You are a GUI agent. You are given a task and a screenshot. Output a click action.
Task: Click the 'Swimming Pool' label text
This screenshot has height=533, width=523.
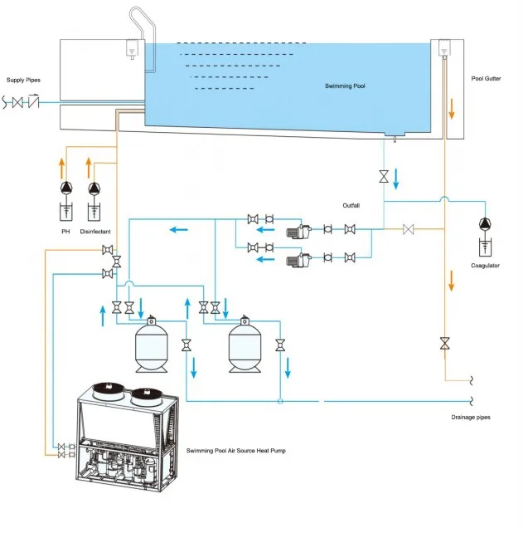point(344,86)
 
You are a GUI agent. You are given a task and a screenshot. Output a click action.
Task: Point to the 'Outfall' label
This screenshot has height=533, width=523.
point(352,205)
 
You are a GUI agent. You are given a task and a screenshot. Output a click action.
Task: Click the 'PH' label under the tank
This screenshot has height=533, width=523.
point(65,232)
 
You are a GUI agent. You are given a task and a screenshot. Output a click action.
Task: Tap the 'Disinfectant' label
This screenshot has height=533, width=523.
point(95,232)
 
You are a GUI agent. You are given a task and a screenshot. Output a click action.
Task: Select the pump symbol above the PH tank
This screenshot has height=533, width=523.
point(65,188)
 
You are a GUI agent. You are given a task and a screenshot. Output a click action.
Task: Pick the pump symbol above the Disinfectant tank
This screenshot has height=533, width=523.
point(94,188)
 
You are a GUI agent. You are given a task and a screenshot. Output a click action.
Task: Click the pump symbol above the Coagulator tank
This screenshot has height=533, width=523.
point(484,223)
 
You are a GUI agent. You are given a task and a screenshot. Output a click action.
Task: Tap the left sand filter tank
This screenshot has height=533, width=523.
point(153,343)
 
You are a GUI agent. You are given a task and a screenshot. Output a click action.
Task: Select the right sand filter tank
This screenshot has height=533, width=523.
point(245,343)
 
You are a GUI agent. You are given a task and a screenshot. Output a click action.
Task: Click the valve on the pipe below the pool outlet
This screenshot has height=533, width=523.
point(384,177)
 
